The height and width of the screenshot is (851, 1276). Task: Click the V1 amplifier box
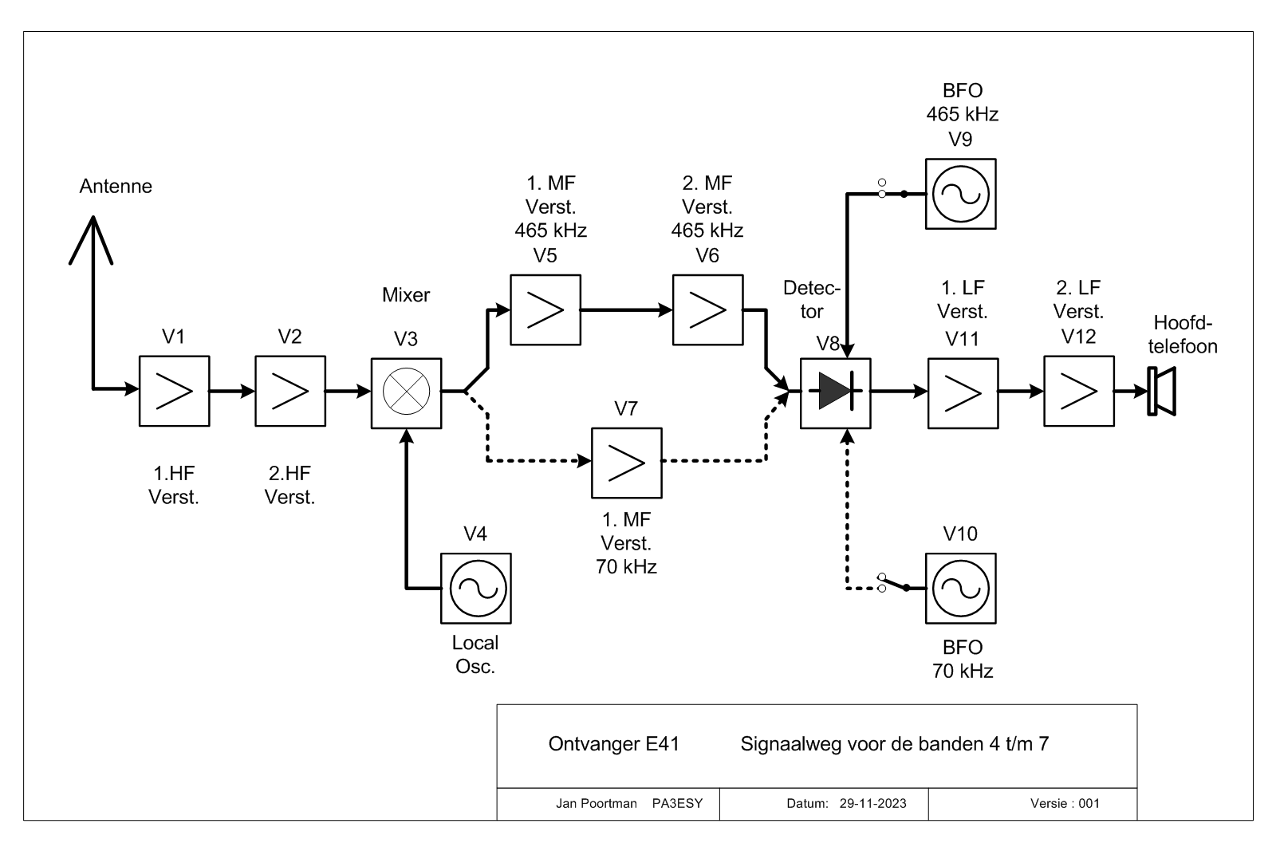pyautogui.click(x=175, y=392)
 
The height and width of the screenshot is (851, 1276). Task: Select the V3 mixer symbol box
pyautogui.click(x=406, y=393)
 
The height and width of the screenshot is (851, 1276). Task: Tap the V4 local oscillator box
pyautogui.click(x=475, y=589)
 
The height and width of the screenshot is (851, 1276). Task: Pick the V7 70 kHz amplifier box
pyautogui.click(x=627, y=463)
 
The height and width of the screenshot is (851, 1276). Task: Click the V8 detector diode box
pyautogui.click(x=836, y=393)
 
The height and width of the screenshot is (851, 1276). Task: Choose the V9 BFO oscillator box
pyautogui.click(x=961, y=195)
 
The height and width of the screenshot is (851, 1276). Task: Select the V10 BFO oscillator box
pyautogui.click(x=961, y=589)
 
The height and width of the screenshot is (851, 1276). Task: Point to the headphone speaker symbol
pyautogui.click(x=1162, y=392)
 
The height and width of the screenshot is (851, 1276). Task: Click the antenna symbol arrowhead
pyautogui.click(x=92, y=240)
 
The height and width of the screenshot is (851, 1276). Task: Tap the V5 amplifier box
pyautogui.click(x=545, y=310)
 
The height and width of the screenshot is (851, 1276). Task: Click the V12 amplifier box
pyautogui.click(x=1079, y=392)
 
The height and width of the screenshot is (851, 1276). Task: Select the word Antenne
pyautogui.click(x=116, y=187)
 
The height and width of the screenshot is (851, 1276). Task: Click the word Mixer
pyautogui.click(x=406, y=295)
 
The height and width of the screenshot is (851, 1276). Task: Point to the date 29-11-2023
pyautogui.click(x=872, y=804)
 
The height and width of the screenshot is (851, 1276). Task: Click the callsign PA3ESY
pyautogui.click(x=677, y=804)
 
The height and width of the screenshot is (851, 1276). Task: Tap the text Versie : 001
pyautogui.click(x=1065, y=804)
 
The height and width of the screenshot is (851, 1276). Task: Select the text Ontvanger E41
pyautogui.click(x=613, y=744)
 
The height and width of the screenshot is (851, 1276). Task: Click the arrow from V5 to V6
pyautogui.click(x=627, y=310)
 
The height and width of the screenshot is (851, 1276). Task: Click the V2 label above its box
pyautogui.click(x=290, y=337)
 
